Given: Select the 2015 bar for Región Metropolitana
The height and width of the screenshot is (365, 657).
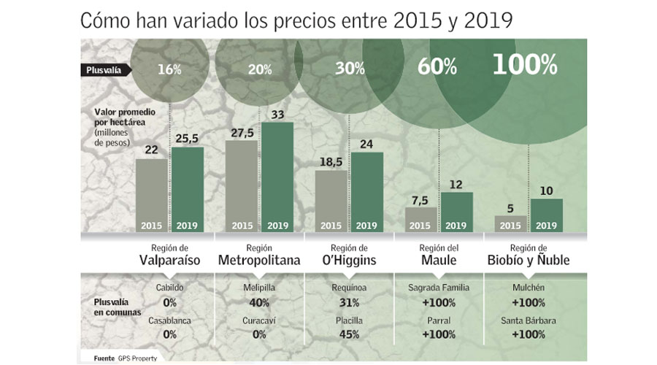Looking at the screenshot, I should pyautogui.click(x=242, y=185).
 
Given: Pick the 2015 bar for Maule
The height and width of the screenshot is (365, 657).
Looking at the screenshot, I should pyautogui.click(x=421, y=218).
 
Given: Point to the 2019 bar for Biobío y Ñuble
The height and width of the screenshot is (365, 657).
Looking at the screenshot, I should pyautogui.click(x=547, y=215).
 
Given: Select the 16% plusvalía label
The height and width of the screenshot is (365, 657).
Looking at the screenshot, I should pyautogui.click(x=169, y=70).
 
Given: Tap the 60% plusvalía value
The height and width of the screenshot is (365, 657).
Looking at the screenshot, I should pyautogui.click(x=437, y=68).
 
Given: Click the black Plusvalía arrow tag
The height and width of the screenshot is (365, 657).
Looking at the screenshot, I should pyautogui.click(x=104, y=70).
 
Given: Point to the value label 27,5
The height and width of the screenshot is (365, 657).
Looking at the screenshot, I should pyautogui.click(x=242, y=132).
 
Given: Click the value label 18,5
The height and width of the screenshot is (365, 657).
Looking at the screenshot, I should pyautogui.click(x=331, y=161).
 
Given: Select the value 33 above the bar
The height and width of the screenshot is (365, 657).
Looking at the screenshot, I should pyautogui.click(x=277, y=114).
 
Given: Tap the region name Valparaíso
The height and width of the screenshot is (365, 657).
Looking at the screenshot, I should pyautogui.click(x=169, y=261).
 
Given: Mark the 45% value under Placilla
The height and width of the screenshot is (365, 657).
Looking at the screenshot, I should pyautogui.click(x=348, y=335).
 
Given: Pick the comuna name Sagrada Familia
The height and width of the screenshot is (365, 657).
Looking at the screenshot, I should pyautogui.click(x=438, y=288).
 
